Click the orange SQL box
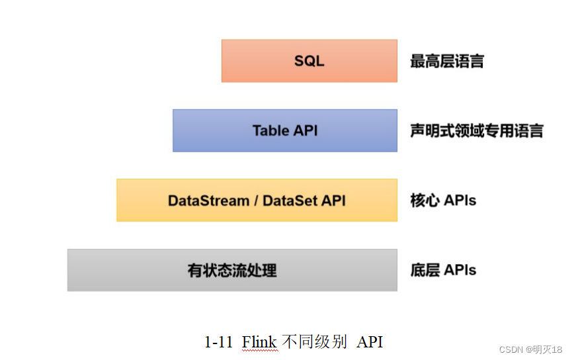(x=309, y=61)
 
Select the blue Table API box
(x=285, y=130)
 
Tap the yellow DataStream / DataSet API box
(x=257, y=200)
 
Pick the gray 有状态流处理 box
(x=232, y=270)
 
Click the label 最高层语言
(x=447, y=61)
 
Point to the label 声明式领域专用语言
(x=477, y=131)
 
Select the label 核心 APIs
(x=443, y=201)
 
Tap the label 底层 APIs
(x=443, y=270)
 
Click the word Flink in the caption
(x=259, y=342)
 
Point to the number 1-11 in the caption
(x=218, y=343)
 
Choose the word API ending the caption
(x=370, y=343)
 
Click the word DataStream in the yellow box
(x=209, y=201)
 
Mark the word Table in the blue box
(x=270, y=131)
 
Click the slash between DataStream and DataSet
(x=256, y=201)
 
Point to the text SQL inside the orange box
(x=309, y=61)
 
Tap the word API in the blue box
(x=306, y=131)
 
